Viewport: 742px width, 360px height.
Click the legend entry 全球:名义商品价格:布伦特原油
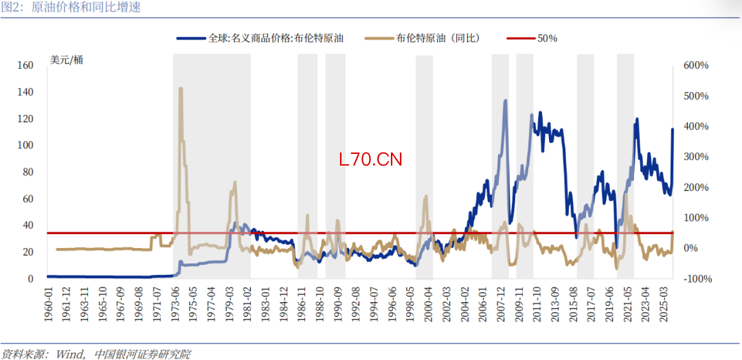pyautogui.click(x=276, y=38)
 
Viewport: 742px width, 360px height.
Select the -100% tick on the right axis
pyautogui.click(x=697, y=278)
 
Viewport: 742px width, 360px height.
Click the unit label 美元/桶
pyautogui.click(x=67, y=59)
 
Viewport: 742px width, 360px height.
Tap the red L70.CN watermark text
pyautogui.click(x=370, y=159)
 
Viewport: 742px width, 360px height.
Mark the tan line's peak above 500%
pyautogui.click(x=181, y=89)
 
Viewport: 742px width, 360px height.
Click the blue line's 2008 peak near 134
pyautogui.click(x=505, y=101)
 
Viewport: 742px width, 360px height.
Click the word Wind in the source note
pyautogui.click(x=68, y=354)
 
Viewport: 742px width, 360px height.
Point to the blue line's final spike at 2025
pyautogui.click(x=673, y=130)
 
